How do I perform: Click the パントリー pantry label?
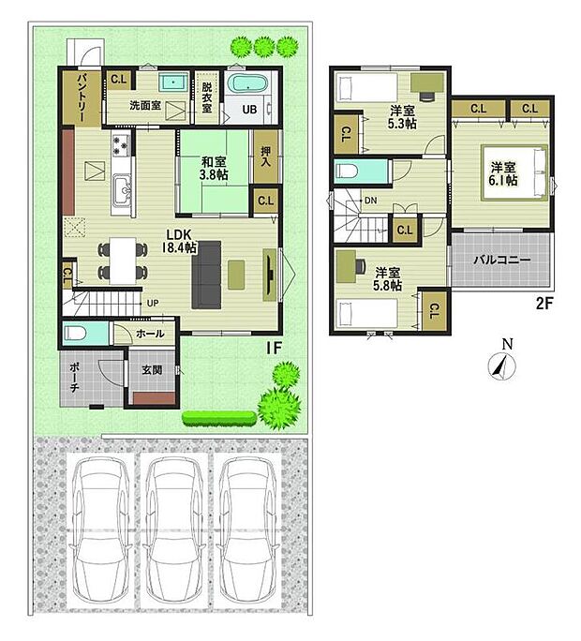coord(81,97)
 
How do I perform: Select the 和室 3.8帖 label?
coord(214,168)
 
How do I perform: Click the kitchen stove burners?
coord(121,145)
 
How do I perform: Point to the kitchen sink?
coord(122,190)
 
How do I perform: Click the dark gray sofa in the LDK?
coord(206,275)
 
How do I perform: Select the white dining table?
coord(123,261)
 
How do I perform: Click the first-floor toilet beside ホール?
coord(76,334)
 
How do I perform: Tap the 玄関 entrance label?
coord(152,370)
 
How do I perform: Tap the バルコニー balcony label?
coord(502,261)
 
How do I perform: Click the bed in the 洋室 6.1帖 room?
coord(515,173)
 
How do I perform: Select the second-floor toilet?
coord(350,171)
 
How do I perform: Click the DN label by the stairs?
coord(370,201)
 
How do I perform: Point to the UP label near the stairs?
coord(153,304)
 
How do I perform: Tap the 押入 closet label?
coord(266,156)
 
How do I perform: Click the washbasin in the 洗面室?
coord(173,83)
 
